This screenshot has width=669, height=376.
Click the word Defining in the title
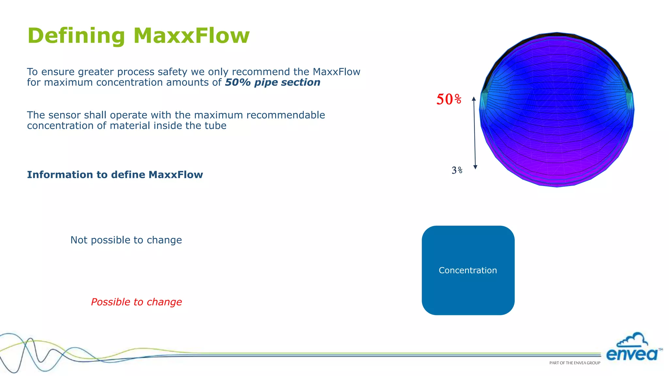76,36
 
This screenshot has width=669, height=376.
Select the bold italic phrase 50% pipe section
272,82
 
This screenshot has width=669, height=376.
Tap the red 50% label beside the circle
449,99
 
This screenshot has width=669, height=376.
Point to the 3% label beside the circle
457,170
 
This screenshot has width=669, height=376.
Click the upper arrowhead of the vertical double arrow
474,99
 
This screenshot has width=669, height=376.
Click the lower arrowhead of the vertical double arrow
475,167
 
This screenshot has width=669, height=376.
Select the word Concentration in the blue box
467,270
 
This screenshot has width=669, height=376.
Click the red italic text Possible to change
136,302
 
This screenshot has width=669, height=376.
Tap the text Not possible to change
126,240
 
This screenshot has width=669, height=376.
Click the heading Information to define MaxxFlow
115,175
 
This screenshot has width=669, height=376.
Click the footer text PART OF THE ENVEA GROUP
575,363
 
